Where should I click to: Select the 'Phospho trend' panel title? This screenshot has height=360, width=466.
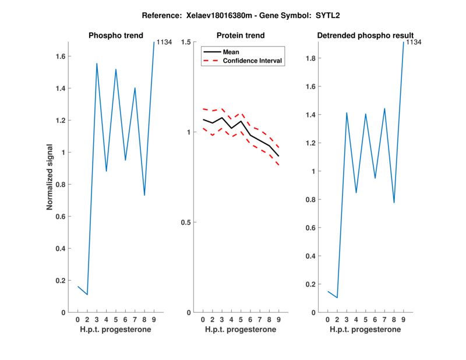click(x=115, y=36)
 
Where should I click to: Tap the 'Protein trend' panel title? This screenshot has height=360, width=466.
click(x=240, y=36)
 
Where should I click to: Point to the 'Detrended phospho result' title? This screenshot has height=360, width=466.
click(x=365, y=36)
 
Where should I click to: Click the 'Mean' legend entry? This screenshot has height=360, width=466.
click(x=231, y=52)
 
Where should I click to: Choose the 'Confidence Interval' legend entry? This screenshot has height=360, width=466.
click(x=253, y=61)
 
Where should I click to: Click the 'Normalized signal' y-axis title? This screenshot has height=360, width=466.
click(x=51, y=177)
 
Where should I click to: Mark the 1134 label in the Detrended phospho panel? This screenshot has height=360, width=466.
click(x=414, y=43)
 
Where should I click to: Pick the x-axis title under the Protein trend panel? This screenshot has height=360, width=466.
click(x=240, y=330)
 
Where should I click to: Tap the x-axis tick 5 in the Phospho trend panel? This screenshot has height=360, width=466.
click(x=116, y=320)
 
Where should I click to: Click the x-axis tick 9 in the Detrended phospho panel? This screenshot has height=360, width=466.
click(x=403, y=320)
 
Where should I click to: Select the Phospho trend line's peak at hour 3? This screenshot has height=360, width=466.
click(x=97, y=63)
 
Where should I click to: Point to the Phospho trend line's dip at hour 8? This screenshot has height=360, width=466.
click(x=144, y=195)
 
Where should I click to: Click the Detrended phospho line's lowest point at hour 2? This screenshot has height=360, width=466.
click(x=337, y=298)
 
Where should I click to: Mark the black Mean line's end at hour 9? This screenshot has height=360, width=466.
click(x=278, y=156)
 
